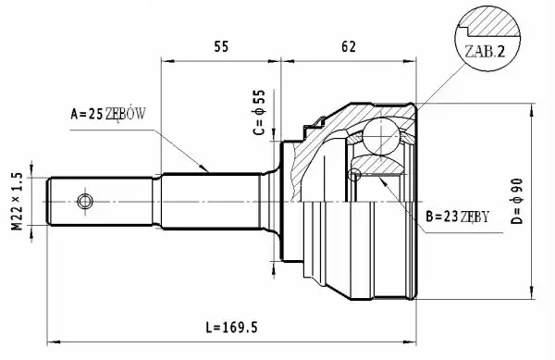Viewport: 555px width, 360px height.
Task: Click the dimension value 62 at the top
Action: point(349,46)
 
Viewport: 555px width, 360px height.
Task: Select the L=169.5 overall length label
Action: point(231,328)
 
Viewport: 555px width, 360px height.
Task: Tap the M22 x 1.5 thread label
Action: point(17,201)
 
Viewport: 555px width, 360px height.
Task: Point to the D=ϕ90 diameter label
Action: point(517,201)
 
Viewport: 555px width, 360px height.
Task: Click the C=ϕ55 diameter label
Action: point(259,112)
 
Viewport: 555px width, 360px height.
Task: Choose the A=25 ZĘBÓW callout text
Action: point(108,114)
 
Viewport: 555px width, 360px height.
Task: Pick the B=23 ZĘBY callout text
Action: point(457,216)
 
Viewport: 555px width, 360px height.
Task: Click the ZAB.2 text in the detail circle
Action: point(485,52)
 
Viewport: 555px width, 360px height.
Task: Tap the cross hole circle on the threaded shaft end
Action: point(85,202)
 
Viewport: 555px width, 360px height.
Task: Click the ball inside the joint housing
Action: point(381,137)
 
